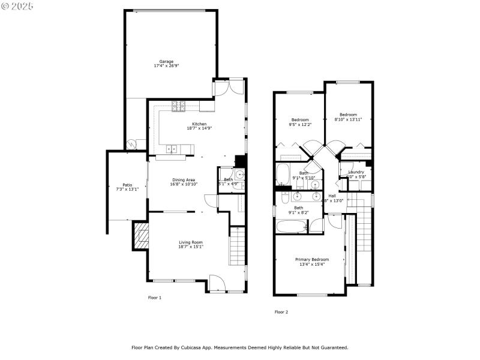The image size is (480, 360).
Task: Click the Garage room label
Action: click(x=166, y=61)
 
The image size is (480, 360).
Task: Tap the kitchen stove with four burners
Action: click(x=179, y=106)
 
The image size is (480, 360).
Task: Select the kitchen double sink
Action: click(x=172, y=148)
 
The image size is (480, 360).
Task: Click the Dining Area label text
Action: click(x=184, y=179)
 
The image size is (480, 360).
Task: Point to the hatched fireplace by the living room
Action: click(x=140, y=236)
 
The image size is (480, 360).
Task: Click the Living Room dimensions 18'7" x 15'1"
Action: click(x=191, y=247)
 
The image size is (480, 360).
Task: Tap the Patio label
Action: click(x=127, y=185)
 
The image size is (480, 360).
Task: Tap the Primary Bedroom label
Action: click(x=311, y=259)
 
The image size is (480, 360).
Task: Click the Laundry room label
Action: click(x=356, y=172)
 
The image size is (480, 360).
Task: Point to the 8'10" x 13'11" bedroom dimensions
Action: click(x=348, y=119)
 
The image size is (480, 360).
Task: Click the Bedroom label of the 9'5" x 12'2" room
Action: click(x=300, y=119)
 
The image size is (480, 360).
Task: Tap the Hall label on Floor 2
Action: click(x=332, y=196)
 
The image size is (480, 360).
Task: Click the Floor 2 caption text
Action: click(x=281, y=312)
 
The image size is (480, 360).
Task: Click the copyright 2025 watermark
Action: click(x=17, y=5)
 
